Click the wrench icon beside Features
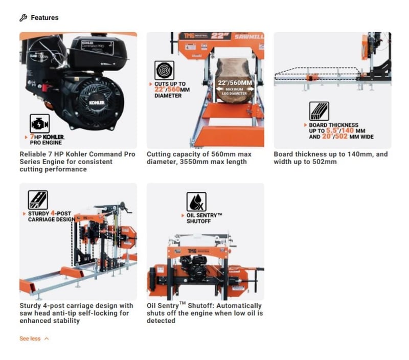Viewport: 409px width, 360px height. [x=23, y=18]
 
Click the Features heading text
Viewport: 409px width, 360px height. [x=44, y=18]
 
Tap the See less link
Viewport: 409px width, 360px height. [x=30, y=339]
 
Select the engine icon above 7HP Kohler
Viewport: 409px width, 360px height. [x=40, y=124]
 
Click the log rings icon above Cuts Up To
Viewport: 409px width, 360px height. [x=164, y=71]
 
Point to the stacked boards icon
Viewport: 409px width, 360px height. [x=319, y=111]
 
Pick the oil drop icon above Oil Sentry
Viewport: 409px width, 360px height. [x=196, y=201]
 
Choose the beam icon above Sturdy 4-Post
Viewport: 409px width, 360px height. [x=38, y=200]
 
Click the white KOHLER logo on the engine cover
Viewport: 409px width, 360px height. [x=97, y=102]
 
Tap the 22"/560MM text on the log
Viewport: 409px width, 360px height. [x=235, y=83]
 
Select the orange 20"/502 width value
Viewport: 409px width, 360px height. [x=335, y=137]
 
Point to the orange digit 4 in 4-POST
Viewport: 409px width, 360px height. [x=53, y=213]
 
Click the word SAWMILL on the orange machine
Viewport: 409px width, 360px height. [x=249, y=36]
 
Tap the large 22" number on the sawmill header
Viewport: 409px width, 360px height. [x=220, y=36]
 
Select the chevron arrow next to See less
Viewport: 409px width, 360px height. [x=47, y=339]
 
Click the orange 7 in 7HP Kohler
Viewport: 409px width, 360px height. [x=32, y=137]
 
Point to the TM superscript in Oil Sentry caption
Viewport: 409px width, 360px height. [x=183, y=303]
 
